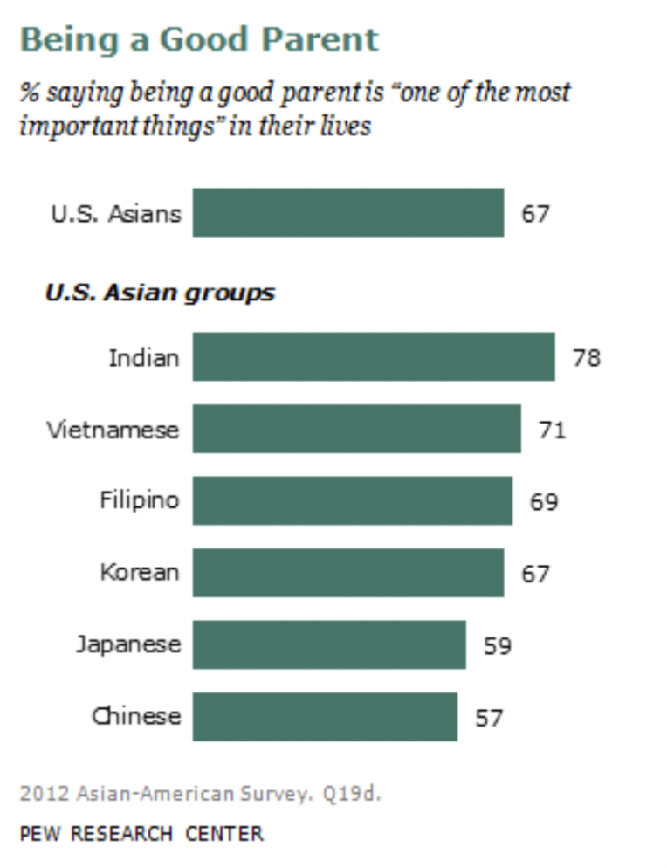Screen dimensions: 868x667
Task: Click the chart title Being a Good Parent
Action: coord(199,40)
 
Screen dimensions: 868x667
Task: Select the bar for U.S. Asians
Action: coord(347,212)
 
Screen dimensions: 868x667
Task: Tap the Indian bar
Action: coord(373,356)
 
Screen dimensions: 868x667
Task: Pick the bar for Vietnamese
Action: coord(356,428)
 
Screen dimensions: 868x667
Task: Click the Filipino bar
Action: coord(352,500)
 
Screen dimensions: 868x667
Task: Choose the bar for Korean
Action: coord(347,572)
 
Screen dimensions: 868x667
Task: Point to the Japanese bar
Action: coord(328,644)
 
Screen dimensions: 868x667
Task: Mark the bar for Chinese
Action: coord(324,716)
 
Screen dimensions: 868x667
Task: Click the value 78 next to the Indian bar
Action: coord(587,358)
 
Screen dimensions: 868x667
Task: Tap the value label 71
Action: coord(552,430)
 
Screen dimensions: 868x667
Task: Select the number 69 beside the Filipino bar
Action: coord(543,502)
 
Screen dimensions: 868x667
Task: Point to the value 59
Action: coord(497,646)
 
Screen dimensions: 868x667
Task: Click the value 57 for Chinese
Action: coord(489,718)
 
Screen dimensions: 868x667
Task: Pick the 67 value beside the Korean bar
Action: coord(535,574)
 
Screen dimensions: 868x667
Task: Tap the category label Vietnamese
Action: coord(113,430)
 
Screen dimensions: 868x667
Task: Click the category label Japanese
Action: coord(127,645)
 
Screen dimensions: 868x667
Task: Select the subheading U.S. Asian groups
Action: coord(160,293)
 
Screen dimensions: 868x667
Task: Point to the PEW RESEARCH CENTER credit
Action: coord(141,833)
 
